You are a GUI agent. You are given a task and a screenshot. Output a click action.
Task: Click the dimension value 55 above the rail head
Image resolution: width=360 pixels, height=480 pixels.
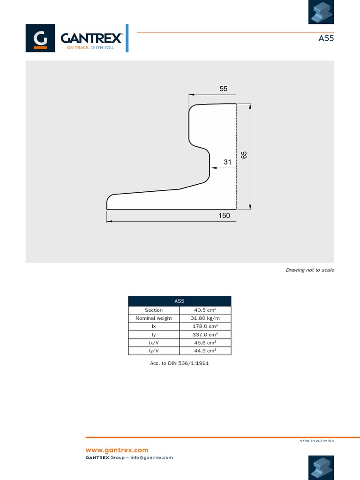point(223,89)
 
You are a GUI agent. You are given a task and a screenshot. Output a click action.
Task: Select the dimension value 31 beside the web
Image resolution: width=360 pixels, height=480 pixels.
point(228,162)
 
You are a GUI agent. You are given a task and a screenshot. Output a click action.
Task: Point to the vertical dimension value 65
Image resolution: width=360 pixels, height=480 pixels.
point(244,155)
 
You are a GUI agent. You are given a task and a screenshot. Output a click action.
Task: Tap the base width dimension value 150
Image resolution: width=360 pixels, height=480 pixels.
point(224,216)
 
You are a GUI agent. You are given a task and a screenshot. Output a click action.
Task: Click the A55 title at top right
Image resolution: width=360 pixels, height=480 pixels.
point(326,38)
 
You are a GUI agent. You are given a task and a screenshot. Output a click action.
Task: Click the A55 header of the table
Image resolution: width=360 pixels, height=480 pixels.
point(180,301)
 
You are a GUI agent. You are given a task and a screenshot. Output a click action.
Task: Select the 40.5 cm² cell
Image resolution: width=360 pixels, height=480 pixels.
point(205,310)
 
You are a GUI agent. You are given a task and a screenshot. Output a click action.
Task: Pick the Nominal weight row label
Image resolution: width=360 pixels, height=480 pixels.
point(154,318)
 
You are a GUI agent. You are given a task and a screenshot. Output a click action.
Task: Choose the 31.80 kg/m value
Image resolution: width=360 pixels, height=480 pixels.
point(205,318)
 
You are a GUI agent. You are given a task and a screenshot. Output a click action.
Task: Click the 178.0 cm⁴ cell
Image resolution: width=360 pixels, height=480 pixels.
point(205,326)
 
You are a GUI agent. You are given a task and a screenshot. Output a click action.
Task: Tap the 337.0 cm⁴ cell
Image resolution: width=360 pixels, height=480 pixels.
point(205,335)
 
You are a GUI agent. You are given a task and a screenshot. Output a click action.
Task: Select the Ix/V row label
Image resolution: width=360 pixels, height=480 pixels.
point(154,343)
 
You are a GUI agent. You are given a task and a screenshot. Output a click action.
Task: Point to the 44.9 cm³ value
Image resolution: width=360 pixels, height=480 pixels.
point(205,351)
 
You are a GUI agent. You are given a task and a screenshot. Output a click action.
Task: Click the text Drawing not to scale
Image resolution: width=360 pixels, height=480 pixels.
point(310,270)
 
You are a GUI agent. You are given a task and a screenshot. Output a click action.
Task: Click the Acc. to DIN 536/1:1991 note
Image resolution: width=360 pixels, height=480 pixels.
point(180,363)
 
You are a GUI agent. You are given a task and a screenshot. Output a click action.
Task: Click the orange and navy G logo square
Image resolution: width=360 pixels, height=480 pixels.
point(41,38)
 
